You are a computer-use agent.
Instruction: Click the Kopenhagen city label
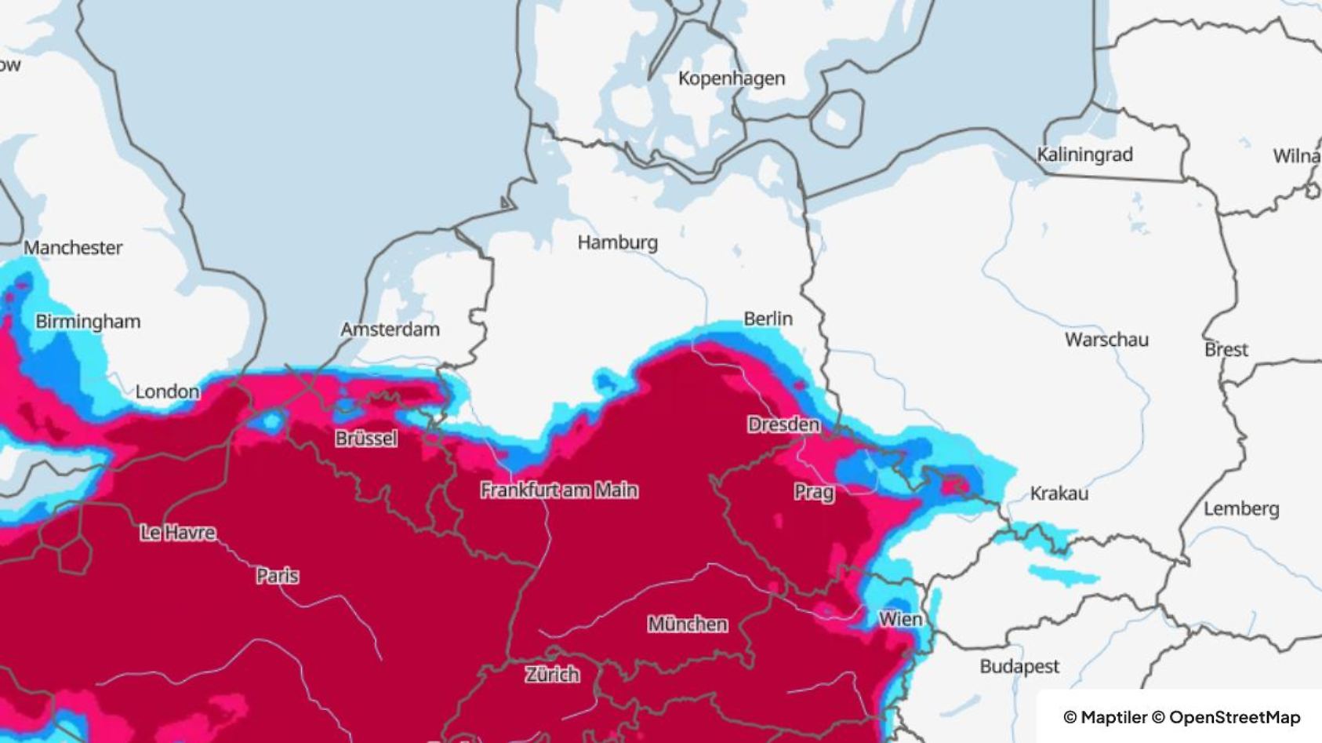731,78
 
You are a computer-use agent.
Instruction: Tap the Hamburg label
617,242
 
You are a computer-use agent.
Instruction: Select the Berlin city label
768,319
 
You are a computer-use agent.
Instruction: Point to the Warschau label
1106,340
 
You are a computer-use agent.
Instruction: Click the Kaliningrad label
1084,155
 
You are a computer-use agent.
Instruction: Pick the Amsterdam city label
390,330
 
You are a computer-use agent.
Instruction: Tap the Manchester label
73,248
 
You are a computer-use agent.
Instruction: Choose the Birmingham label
88,322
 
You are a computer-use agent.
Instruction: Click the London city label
167,392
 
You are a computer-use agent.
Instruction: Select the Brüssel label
366,439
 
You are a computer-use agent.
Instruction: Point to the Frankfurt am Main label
559,490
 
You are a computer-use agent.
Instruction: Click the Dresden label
783,424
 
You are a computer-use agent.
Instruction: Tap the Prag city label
814,493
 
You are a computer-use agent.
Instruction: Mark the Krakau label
1059,494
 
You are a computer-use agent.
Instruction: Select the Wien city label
900,619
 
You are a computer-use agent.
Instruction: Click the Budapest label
1019,667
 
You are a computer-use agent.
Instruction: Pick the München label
687,625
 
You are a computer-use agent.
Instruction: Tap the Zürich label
552,675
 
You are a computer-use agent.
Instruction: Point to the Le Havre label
178,533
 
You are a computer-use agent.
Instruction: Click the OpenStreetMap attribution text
1234,717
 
